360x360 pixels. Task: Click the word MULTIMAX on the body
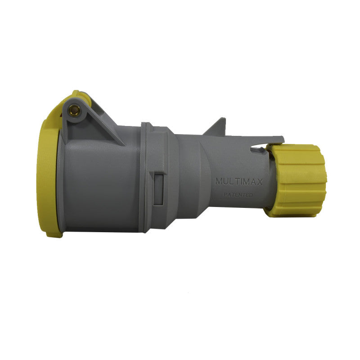[238, 182]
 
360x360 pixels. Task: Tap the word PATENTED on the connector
[238, 195]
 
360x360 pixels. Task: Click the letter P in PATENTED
[225, 195]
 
